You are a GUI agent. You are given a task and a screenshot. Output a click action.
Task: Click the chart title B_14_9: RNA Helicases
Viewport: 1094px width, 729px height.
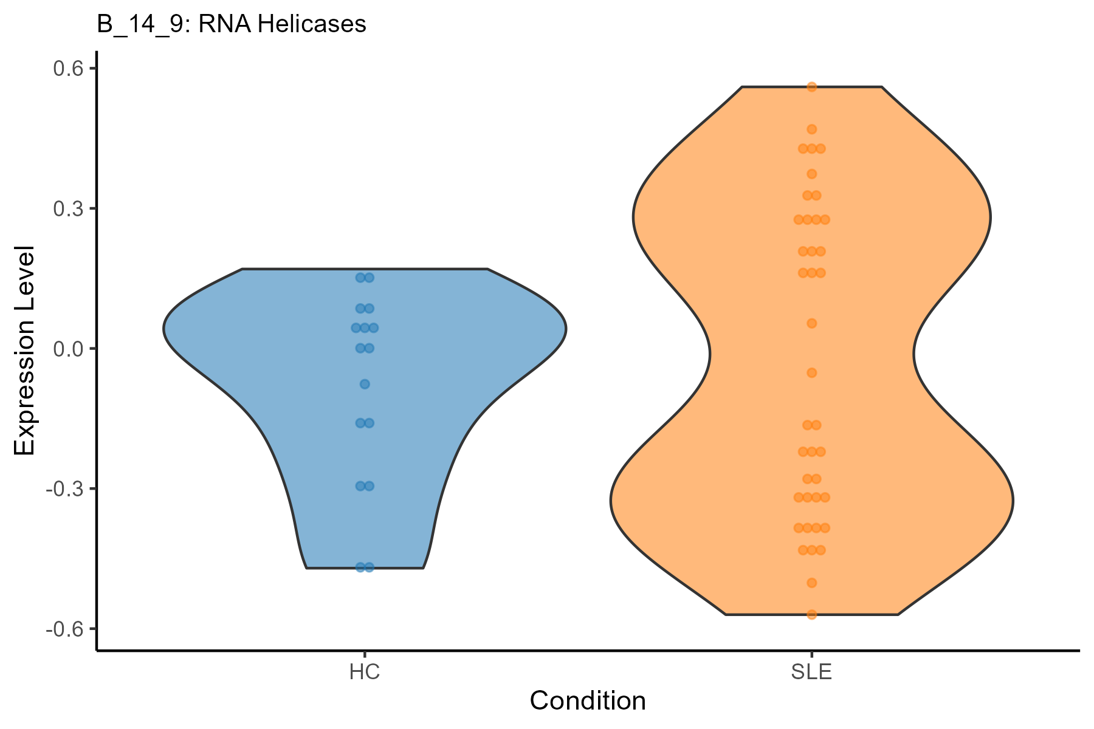pos(232,24)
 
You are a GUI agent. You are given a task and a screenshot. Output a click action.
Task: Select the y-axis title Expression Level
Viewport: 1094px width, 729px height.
pos(25,351)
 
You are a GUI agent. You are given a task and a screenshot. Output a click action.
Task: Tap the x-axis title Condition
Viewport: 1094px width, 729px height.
pos(587,700)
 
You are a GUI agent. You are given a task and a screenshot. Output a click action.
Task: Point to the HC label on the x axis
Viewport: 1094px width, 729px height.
pos(365,673)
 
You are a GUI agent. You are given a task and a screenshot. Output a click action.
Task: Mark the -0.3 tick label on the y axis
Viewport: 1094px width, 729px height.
pos(64,488)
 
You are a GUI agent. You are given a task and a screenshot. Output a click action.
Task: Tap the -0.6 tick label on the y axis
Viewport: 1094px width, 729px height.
pos(64,629)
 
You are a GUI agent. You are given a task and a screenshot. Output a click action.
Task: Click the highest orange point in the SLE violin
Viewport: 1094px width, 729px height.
pos(811,87)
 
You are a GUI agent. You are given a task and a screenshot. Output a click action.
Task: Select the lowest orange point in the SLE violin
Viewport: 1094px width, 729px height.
pos(811,614)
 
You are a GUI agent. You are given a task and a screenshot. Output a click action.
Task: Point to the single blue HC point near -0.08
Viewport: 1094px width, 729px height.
pos(365,384)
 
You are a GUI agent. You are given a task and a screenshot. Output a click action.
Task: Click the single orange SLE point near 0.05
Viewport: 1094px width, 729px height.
pos(811,323)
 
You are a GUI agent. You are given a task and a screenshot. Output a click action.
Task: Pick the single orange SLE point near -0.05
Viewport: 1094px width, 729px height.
pos(811,372)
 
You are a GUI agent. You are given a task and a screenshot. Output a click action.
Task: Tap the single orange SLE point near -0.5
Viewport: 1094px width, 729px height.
pos(811,583)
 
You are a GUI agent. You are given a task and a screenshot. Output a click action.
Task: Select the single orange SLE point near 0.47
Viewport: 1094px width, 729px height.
pos(811,129)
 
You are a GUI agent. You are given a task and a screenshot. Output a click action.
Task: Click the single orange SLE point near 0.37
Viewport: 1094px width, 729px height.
pos(811,174)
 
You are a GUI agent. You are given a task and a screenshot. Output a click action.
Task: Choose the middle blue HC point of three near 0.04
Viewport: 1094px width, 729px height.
pos(365,328)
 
